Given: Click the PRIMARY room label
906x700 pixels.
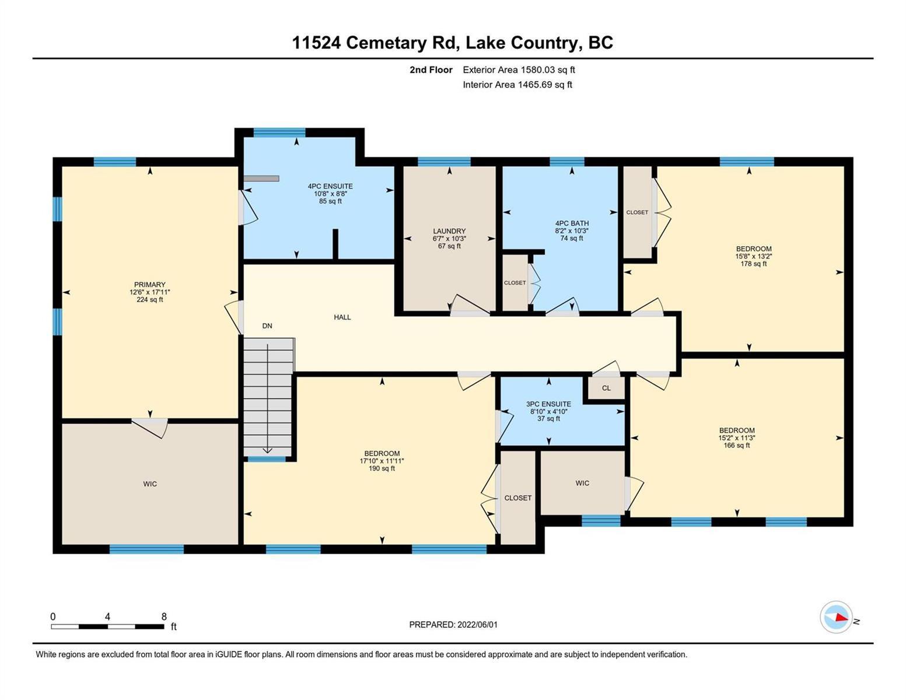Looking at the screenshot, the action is click(x=150, y=284).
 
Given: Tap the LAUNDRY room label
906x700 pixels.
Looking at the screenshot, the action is click(x=449, y=231).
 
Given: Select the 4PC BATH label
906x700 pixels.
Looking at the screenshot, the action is click(x=572, y=223).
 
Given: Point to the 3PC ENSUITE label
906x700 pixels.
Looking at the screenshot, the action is click(x=548, y=404).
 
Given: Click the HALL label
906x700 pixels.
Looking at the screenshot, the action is click(x=342, y=317).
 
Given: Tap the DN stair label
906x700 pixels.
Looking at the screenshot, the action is click(x=267, y=326).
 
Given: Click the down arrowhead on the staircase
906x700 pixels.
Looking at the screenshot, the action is click(x=267, y=450).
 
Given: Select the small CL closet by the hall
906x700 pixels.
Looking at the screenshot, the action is click(x=606, y=388).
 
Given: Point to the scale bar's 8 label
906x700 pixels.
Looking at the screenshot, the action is click(x=164, y=617).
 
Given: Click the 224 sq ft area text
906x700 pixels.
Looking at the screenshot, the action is click(x=150, y=300).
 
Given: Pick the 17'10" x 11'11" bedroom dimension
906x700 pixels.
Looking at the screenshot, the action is click(x=382, y=461).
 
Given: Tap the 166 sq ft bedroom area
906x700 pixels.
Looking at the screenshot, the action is click(x=737, y=445).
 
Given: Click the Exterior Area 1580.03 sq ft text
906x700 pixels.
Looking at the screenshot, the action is click(x=519, y=69).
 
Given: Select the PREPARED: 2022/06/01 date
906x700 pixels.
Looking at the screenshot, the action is click(x=453, y=625).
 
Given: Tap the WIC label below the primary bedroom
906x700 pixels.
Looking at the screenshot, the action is click(x=150, y=484).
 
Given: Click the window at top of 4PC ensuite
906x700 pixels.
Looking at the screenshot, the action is click(x=279, y=132).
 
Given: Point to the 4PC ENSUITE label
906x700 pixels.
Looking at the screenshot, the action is click(x=330, y=186).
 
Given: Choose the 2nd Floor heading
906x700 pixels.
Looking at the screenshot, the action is click(x=431, y=69).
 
